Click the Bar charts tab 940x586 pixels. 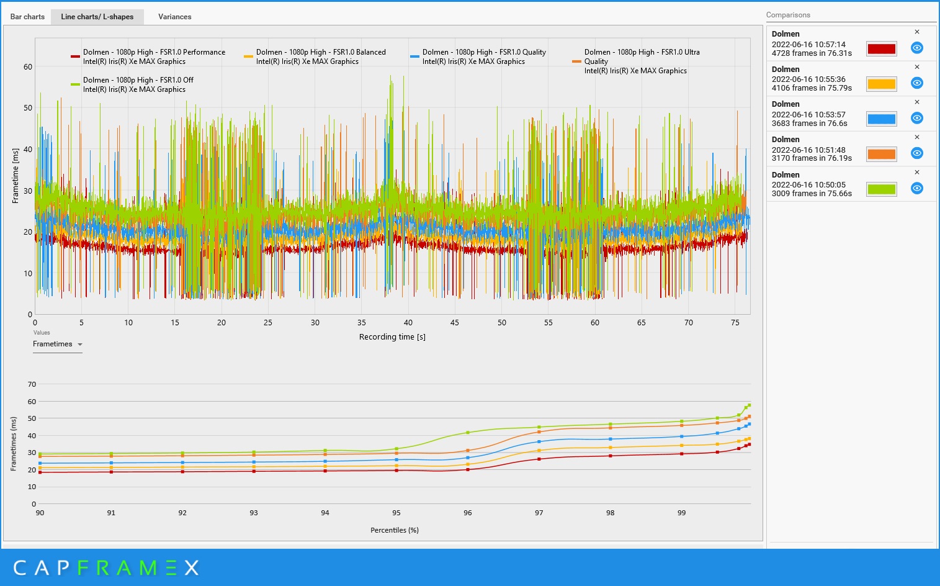click(x=27, y=17)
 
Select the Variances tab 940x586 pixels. click(x=174, y=17)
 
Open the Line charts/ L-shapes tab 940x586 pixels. click(x=97, y=17)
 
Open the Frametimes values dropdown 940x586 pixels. click(x=58, y=344)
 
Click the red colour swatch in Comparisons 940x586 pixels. click(x=881, y=48)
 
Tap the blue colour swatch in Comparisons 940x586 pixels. click(x=881, y=119)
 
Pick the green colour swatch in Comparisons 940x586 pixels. click(x=881, y=189)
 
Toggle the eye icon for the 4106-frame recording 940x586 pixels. click(x=917, y=83)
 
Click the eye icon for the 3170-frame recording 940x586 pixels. click(x=917, y=153)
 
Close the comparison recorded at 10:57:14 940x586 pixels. click(x=917, y=32)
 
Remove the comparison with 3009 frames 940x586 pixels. click(x=917, y=172)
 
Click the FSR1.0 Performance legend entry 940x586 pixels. click(x=148, y=56)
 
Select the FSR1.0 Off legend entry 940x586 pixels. click(x=132, y=84)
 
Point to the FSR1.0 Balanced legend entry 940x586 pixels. click(x=315, y=56)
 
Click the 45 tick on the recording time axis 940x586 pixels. click(x=454, y=323)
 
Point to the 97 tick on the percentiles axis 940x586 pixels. click(x=539, y=513)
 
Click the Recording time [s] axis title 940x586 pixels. click(x=392, y=336)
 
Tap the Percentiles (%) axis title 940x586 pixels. click(x=395, y=530)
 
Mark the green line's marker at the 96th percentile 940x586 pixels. click(x=468, y=433)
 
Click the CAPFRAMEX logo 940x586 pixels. click(x=106, y=568)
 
